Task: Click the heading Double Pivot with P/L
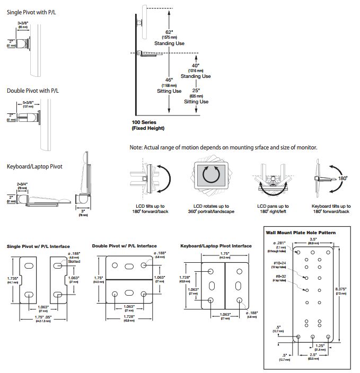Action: (33, 91)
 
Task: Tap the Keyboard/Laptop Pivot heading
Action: (34, 166)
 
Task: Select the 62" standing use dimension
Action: (169, 33)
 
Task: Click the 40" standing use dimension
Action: (196, 66)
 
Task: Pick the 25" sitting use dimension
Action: (196, 91)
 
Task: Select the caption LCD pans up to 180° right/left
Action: (273, 208)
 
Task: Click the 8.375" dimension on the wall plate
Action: (341, 289)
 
